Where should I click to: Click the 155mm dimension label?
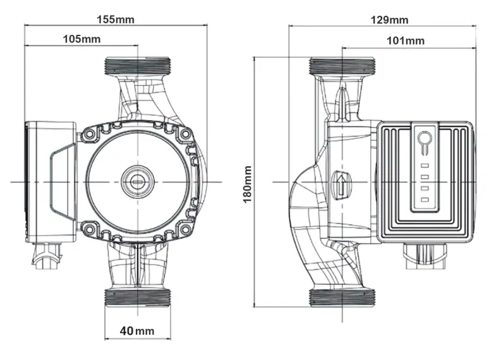tap(116, 19)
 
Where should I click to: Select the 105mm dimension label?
tap(81, 39)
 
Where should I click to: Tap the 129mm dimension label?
tap(389, 20)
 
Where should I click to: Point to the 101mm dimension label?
tap(405, 40)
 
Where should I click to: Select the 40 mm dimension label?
tap(137, 331)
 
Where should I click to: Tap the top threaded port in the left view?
tap(137, 65)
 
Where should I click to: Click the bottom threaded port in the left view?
tap(137, 298)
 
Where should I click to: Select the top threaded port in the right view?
tap(342, 65)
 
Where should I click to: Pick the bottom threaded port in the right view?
tap(342, 298)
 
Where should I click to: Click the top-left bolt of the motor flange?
tap(89, 134)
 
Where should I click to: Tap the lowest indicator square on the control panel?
tap(425, 201)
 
